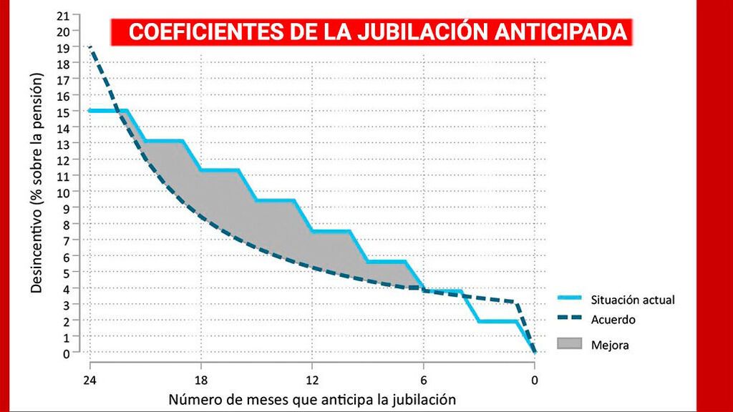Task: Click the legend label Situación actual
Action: (x=633, y=300)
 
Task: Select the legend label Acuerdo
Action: (x=613, y=320)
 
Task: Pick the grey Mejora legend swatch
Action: (x=571, y=344)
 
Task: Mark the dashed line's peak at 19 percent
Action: (x=90, y=47)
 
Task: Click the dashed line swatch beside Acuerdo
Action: (x=571, y=320)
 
